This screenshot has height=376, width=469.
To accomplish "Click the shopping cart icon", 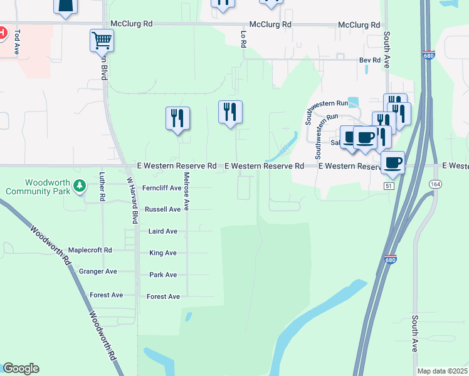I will click(102, 41).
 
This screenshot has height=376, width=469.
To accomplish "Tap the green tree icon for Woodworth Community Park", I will click(79, 186).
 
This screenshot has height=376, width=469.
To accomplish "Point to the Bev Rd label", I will click(369, 60).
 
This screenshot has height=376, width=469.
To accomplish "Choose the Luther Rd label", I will click(102, 187).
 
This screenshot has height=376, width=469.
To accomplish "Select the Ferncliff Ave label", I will click(161, 188).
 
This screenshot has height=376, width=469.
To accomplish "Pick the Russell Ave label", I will click(162, 209).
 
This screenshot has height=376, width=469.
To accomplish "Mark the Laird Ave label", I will click(162, 231).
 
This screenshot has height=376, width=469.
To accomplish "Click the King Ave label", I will click(162, 253).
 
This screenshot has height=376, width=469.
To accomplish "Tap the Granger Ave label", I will click(98, 271).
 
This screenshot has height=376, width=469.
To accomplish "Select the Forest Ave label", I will click(163, 296).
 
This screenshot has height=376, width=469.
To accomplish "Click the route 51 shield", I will click(389, 186).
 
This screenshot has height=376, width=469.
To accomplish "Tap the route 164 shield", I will click(434, 183).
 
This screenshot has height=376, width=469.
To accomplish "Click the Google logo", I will click(21, 368).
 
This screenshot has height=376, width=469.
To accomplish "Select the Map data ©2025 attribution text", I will click(442, 371).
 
